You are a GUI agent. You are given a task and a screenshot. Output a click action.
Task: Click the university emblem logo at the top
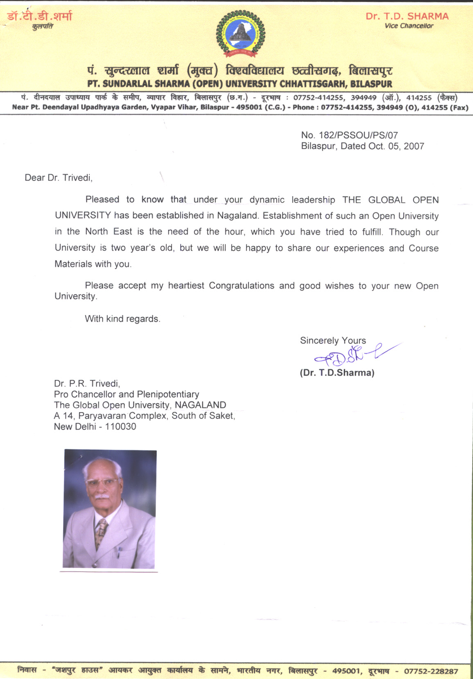(240, 34)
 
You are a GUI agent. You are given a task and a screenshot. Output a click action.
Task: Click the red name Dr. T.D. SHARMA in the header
(407, 16)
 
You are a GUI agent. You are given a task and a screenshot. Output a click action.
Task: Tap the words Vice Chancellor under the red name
(409, 26)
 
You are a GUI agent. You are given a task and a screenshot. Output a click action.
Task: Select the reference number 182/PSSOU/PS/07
(358, 135)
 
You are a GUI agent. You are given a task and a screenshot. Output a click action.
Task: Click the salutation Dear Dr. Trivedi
(59, 178)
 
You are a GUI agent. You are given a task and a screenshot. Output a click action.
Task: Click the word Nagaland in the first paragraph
(238, 216)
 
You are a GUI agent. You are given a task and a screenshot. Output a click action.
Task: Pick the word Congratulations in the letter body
(242, 285)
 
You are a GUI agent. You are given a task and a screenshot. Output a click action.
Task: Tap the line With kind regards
(122, 319)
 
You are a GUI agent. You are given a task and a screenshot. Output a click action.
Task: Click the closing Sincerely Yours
(333, 340)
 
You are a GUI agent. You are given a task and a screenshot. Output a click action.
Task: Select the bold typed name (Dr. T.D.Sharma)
(337, 373)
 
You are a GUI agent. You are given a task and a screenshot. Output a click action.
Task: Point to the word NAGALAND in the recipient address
(200, 405)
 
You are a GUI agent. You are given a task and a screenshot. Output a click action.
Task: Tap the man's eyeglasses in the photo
(100, 482)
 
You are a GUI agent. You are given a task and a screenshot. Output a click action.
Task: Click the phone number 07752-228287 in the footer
(431, 671)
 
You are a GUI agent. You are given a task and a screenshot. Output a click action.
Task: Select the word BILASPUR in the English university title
(371, 84)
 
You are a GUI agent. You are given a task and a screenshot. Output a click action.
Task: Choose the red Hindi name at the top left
(40, 16)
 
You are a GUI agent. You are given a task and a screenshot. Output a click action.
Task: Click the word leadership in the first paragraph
(313, 200)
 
